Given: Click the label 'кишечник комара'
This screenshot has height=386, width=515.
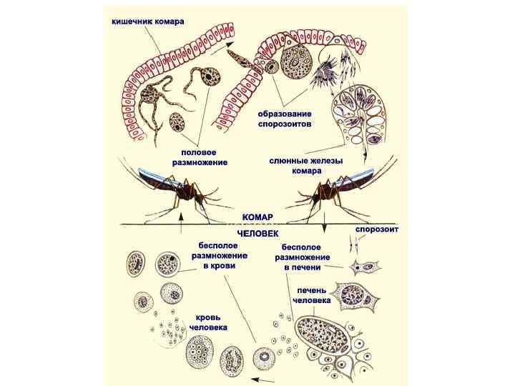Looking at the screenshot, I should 147,22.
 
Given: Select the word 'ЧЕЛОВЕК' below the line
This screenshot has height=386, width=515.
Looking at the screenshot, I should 258,233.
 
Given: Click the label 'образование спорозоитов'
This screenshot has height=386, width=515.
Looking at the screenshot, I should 285,119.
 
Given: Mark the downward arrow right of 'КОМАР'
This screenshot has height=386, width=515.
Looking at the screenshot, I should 324,227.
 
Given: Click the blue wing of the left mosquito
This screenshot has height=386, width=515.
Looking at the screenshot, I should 153,174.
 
